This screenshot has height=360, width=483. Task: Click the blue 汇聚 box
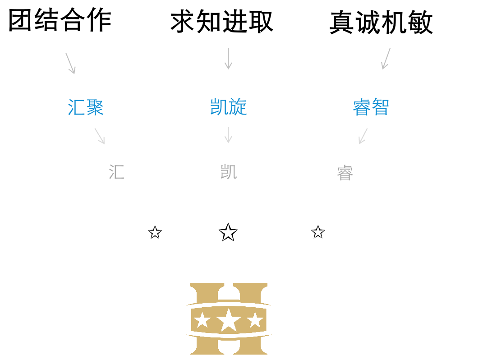86,106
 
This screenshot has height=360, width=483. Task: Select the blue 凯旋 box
228,106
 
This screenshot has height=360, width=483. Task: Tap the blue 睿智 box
371,106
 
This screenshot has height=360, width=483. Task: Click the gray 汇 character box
116,171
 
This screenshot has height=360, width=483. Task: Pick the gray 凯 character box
228,171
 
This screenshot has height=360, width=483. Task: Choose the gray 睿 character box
345,172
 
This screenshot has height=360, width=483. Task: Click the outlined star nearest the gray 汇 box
155,233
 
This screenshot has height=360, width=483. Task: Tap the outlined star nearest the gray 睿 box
318,232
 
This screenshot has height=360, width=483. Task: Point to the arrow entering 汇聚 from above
70,63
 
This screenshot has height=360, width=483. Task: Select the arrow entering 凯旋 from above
228,59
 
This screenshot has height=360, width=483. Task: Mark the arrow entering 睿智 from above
386,59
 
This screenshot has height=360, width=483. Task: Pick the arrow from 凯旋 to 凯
228,135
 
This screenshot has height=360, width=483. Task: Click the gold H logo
229,318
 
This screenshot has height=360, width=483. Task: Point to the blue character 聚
95,107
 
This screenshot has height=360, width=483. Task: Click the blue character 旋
238,107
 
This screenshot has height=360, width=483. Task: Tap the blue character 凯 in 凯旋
219,107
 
